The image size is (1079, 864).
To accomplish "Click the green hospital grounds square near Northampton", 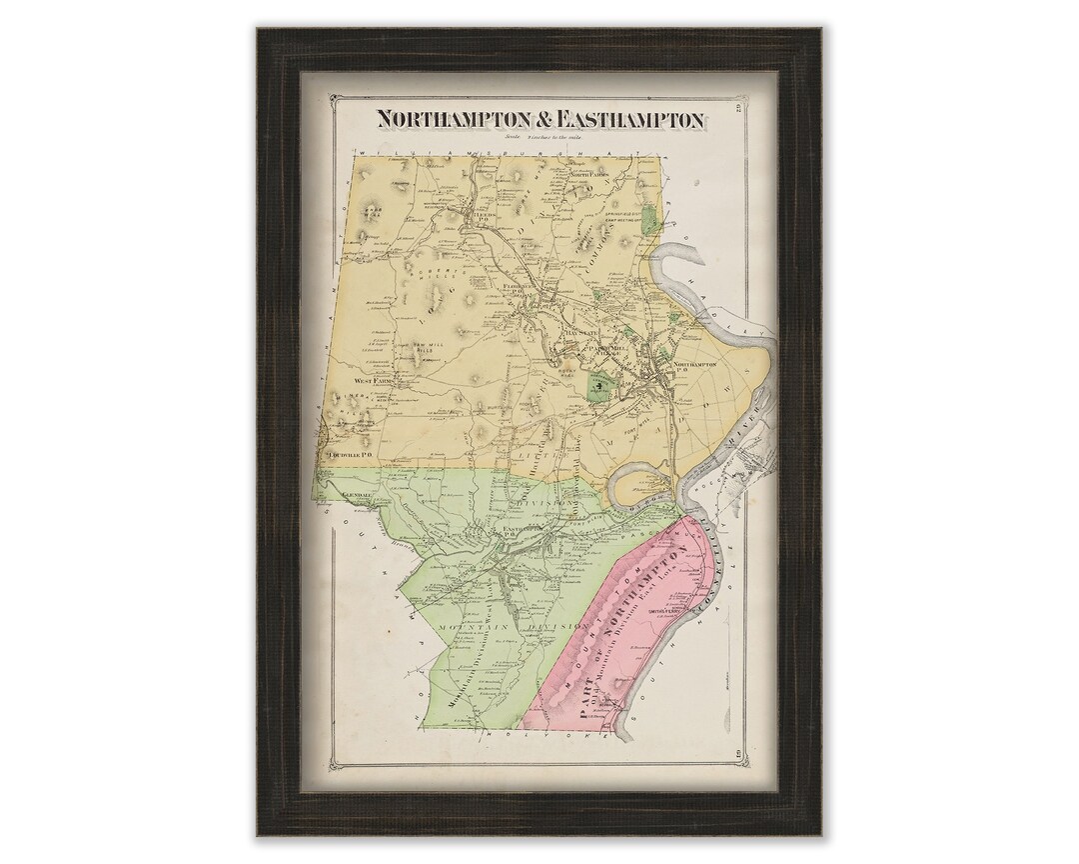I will [x=597, y=385].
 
